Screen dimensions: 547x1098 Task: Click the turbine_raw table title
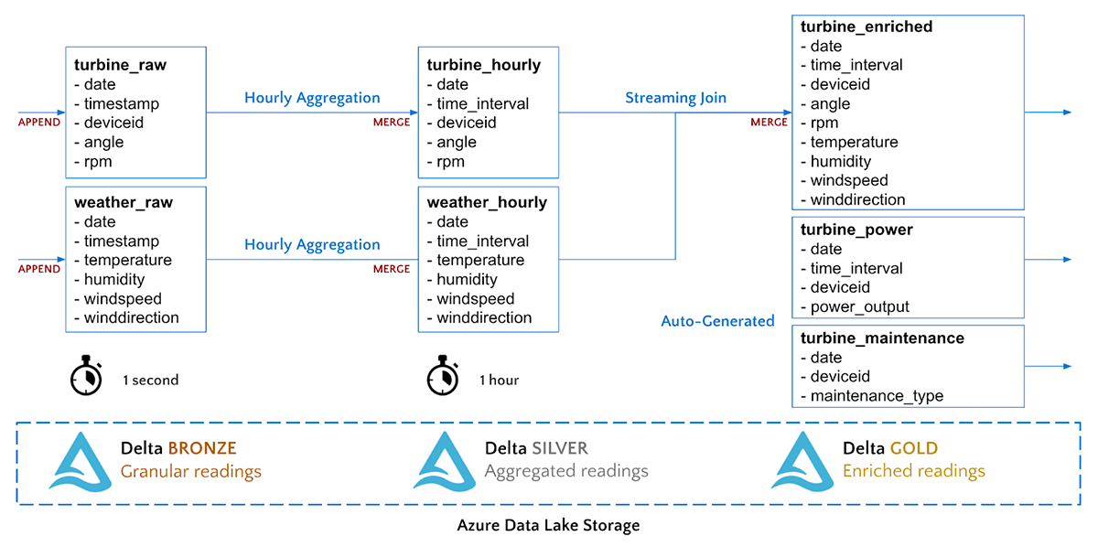pyautogui.click(x=120, y=66)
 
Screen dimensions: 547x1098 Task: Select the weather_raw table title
pyautogui.click(x=124, y=202)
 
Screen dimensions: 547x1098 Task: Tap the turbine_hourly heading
pyautogui.click(x=483, y=66)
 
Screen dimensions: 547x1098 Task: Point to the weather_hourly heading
pyautogui.click(x=487, y=202)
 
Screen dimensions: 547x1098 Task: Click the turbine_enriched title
pyautogui.click(x=866, y=27)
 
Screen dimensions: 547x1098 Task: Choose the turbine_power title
pyautogui.click(x=856, y=230)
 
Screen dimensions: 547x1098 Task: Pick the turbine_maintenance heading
pyautogui.click(x=882, y=338)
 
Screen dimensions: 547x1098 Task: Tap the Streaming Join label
pyautogui.click(x=675, y=98)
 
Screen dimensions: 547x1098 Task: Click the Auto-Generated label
pyautogui.click(x=717, y=321)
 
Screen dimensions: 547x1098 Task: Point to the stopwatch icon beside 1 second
pyautogui.click(x=86, y=375)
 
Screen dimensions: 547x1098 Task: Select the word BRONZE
pyautogui.click(x=202, y=448)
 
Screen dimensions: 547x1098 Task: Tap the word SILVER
pyautogui.click(x=560, y=448)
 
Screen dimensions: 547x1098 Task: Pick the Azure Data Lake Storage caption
pyautogui.click(x=548, y=526)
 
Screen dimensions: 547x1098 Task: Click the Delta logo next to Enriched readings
pyautogui.click(x=802, y=461)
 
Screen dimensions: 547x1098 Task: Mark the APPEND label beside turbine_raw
pyautogui.click(x=39, y=122)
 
